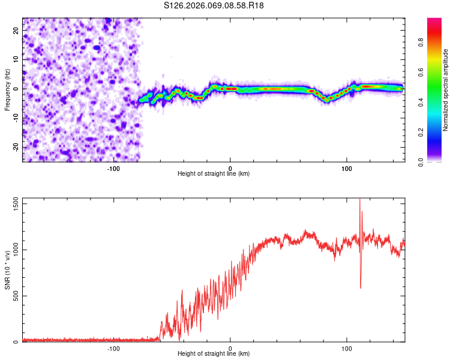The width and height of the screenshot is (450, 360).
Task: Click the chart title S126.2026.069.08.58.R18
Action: tap(214, 5)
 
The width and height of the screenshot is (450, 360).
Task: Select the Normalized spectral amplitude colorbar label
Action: tap(445, 90)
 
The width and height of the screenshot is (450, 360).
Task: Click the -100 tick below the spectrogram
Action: tap(114, 169)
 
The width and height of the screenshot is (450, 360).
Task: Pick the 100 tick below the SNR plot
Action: tap(346, 348)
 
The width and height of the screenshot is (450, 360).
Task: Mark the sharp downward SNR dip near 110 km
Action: tap(361, 287)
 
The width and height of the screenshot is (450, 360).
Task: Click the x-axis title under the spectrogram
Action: tap(214, 174)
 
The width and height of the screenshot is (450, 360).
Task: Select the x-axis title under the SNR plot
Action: tap(214, 354)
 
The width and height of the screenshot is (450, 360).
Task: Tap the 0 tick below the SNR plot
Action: tap(230, 348)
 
